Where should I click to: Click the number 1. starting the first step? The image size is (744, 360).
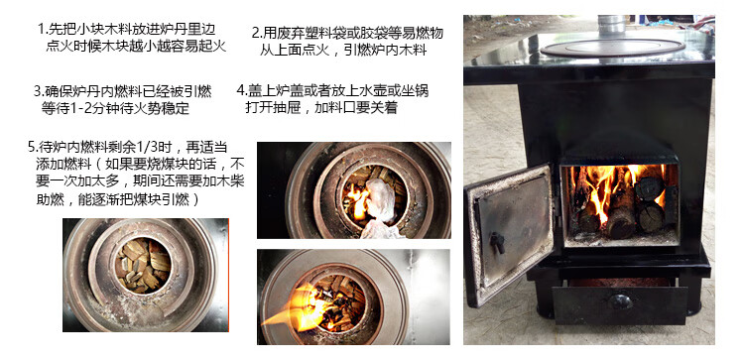(x=41, y=30)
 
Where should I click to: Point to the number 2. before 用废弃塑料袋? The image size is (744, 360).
(x=257, y=33)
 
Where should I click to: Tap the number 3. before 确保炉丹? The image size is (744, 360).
(x=38, y=90)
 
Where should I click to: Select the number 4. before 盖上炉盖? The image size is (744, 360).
(x=241, y=89)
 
